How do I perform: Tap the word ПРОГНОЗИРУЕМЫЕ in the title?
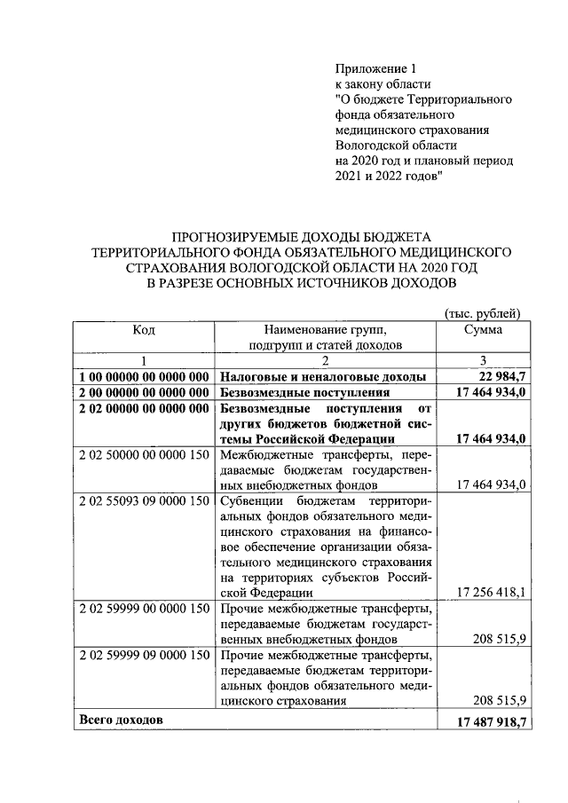coord(226,236)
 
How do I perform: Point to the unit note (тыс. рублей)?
coord(480,312)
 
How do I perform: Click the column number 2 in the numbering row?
coord(325,360)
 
